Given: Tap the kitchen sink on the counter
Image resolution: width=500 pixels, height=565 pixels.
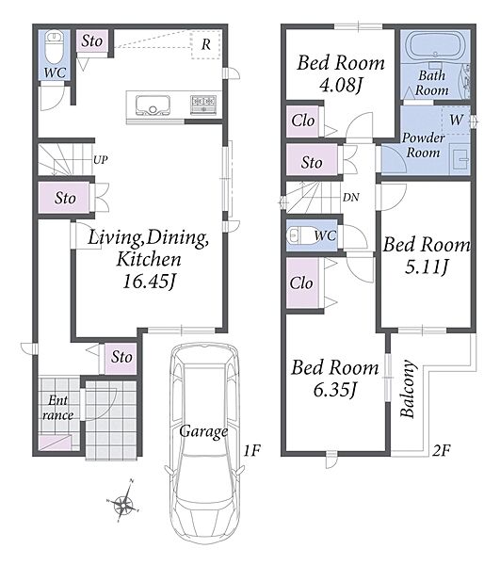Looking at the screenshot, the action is [153, 105].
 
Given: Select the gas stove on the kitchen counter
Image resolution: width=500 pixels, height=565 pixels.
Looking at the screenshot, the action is [203, 105].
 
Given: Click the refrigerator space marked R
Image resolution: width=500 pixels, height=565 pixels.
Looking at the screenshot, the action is [205, 44].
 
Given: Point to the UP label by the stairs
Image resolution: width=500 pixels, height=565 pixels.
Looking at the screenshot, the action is [101, 160].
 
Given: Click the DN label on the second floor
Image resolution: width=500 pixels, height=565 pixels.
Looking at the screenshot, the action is [351, 197].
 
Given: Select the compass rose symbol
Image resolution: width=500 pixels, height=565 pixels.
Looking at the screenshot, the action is [123, 501].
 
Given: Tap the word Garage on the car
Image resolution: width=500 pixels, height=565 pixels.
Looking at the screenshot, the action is [203, 431].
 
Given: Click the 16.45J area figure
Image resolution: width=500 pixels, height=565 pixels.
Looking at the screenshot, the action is [149, 282].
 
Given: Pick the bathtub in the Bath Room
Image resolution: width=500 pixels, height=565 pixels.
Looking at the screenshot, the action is [436, 46].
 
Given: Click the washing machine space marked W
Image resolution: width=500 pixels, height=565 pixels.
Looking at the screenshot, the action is [456, 120].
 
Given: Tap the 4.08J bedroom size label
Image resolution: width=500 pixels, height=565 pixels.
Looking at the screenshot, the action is [341, 85].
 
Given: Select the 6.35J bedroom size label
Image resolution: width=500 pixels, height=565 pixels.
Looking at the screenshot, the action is [335, 390].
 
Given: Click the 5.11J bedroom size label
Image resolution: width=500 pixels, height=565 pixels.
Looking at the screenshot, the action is [427, 267].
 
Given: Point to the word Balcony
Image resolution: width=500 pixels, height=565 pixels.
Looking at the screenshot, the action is [408, 389].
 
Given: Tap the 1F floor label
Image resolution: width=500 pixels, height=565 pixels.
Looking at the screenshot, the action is [252, 450].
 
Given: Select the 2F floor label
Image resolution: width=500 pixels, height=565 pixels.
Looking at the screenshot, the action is [442, 450].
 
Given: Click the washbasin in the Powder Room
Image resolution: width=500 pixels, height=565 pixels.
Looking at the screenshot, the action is [460, 158].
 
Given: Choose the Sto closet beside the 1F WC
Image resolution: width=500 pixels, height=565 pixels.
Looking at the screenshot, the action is [92, 41].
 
